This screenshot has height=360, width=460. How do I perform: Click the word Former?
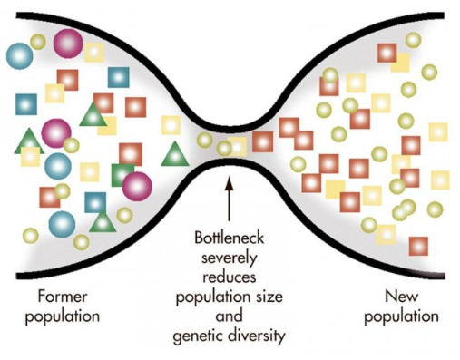[61, 296]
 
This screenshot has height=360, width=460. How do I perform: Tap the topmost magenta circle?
[67, 42]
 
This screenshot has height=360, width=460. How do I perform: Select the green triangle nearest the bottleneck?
[173, 153]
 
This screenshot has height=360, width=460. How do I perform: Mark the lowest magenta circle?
[137, 185]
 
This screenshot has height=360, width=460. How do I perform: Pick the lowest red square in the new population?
[418, 246]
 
